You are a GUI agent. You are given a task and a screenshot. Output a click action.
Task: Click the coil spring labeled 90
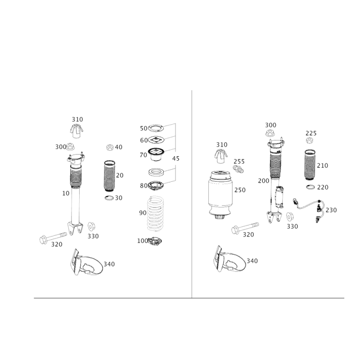click(155, 213)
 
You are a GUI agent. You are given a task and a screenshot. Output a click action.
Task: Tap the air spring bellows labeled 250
click(220, 195)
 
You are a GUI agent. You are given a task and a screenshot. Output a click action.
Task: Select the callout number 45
click(176, 158)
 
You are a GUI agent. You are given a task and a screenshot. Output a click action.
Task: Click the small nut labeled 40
click(110, 147)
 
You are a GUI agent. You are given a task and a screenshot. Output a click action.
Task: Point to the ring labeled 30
click(109, 198)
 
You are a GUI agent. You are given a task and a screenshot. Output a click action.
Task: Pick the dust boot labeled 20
click(109, 175)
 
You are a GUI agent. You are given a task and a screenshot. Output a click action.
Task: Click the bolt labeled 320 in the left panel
click(53, 238)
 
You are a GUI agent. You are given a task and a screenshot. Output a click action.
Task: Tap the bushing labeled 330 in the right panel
click(289, 216)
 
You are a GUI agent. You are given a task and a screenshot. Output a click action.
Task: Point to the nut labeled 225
click(310, 140)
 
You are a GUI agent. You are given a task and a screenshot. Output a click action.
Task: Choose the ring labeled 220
click(310, 187)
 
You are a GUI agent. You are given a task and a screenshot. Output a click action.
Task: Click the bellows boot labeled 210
click(310, 164)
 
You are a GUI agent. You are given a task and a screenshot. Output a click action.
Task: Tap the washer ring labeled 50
click(156, 128)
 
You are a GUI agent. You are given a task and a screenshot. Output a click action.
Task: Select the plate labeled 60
click(156, 139)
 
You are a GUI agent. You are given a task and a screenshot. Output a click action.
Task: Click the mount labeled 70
click(156, 155)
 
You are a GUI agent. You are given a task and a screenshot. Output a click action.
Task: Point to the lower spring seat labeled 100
click(155, 241)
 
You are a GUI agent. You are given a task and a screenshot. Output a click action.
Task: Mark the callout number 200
click(264, 181)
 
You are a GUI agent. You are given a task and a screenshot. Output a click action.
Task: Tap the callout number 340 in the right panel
click(252, 261)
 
